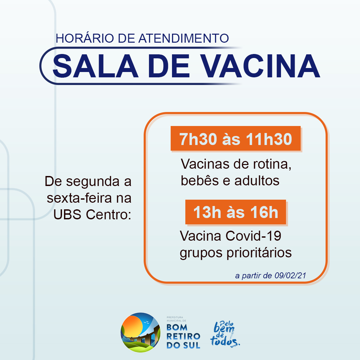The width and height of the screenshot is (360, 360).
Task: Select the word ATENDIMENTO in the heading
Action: click(184, 38)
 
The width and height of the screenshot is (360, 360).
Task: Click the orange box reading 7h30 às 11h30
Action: click(236, 138)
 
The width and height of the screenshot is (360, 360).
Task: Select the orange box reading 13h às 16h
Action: click(236, 212)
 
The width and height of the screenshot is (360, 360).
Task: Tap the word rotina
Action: click(272, 164)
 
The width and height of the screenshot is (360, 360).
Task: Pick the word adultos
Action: click(257, 180)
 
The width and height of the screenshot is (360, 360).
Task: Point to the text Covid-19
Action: click(253, 236)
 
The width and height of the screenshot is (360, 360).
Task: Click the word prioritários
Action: click(259, 253)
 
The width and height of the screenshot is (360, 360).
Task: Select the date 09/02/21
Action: click(290, 276)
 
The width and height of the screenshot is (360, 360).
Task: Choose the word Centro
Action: click(108, 214)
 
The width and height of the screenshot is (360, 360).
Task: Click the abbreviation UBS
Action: click(67, 214)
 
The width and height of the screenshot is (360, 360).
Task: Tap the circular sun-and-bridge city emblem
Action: click(141, 332)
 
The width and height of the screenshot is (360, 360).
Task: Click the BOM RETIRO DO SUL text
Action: click(183, 336)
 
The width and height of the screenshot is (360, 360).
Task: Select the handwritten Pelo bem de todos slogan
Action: click(225, 334)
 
